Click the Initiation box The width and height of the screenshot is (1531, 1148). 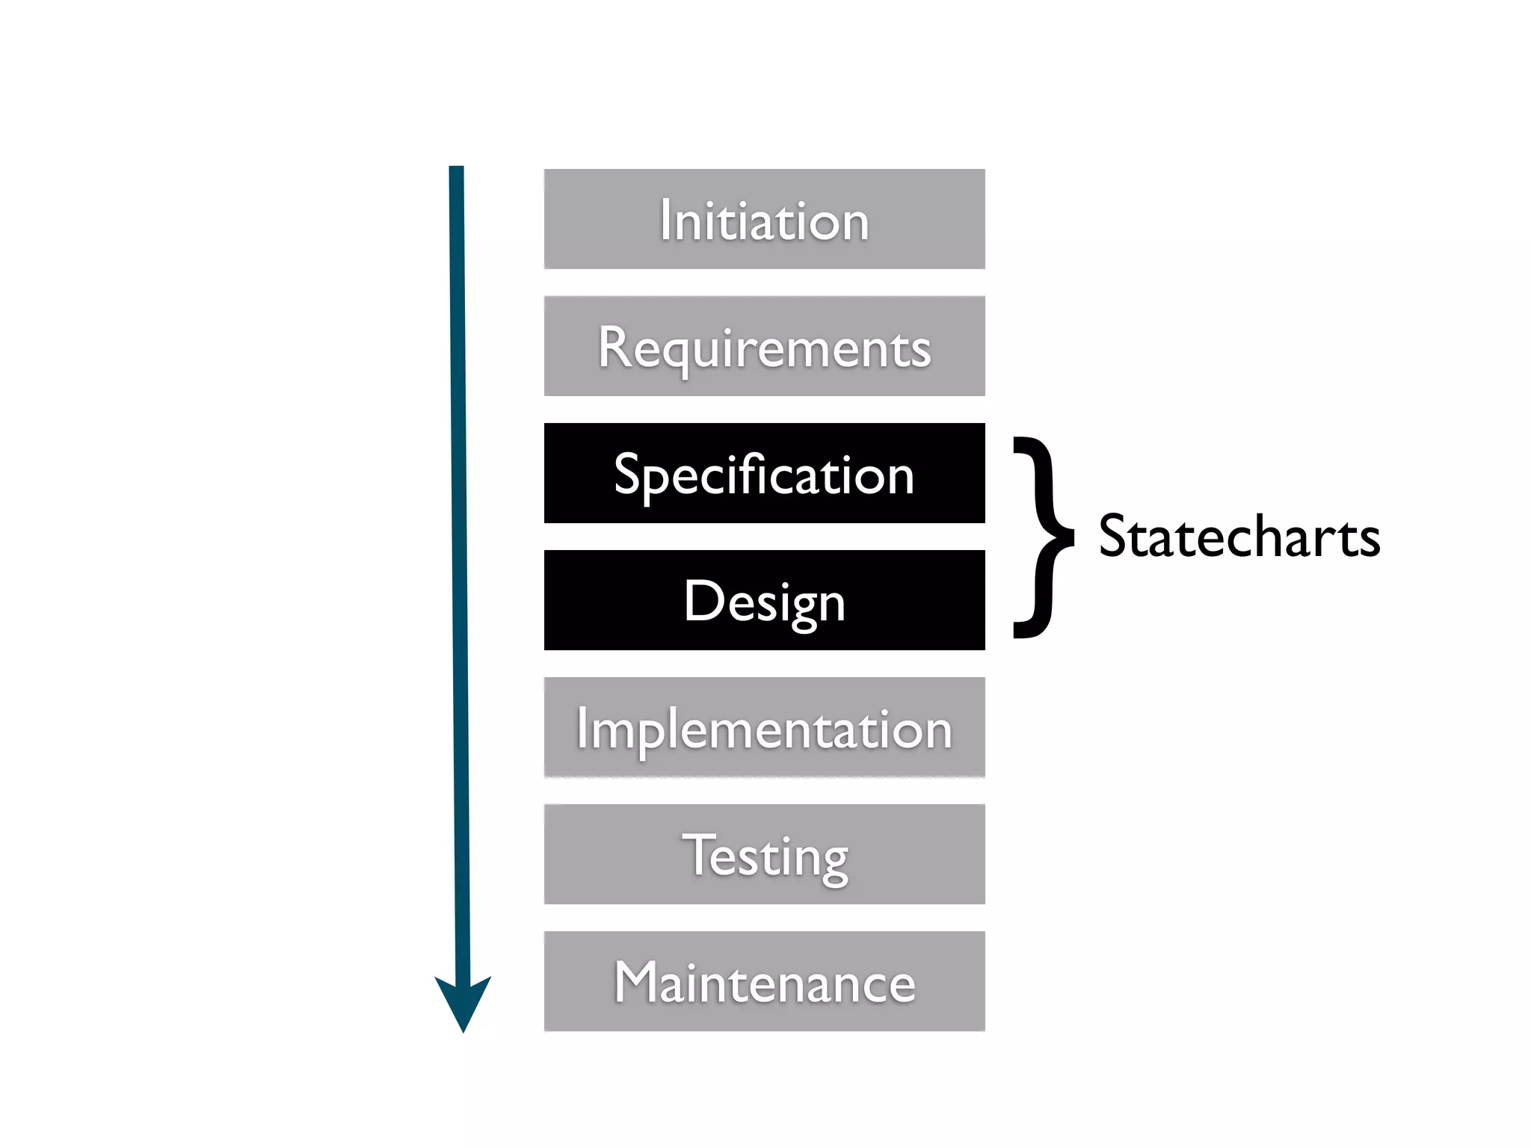pos(764,218)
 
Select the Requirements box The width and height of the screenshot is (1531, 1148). pos(764,345)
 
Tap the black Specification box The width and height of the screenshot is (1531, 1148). pos(764,472)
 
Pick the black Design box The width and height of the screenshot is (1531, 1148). pos(764,599)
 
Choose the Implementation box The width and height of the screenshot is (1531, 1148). pos(764,726)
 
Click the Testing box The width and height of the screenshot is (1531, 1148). pos(764,854)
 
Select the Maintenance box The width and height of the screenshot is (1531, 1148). pos(764,981)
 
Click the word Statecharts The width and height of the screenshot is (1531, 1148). pos(1239,537)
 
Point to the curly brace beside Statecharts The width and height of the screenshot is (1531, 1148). pos(1043,537)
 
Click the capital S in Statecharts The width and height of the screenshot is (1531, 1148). pos(1114,537)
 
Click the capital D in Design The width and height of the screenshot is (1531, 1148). pos(704,600)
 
